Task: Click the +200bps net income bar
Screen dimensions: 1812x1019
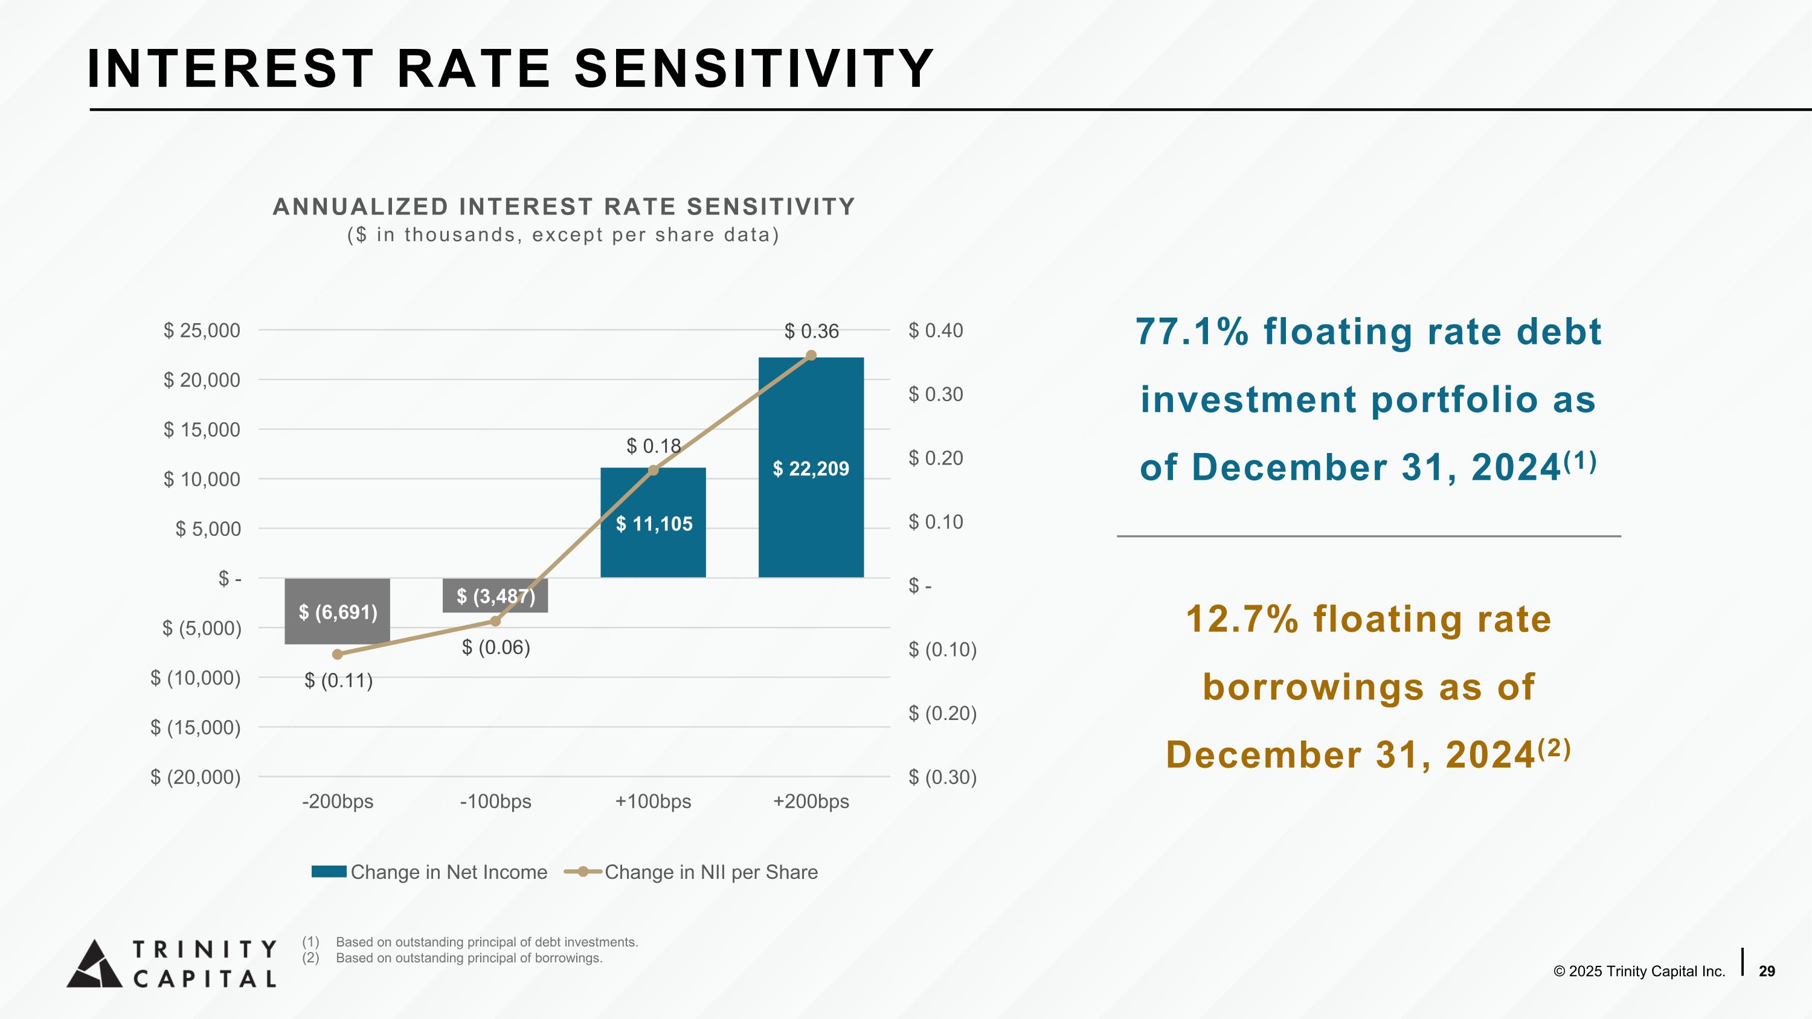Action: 811,468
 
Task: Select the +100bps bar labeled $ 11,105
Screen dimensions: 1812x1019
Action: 653,522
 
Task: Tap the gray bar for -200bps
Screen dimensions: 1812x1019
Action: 337,611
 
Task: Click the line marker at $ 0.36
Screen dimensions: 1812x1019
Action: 811,355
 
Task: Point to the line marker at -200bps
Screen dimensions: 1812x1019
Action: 337,654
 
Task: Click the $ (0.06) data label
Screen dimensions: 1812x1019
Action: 496,647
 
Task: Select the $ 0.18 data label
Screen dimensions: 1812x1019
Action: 654,446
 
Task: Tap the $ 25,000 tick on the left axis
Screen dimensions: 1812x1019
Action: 202,330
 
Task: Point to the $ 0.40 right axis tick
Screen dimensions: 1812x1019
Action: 936,330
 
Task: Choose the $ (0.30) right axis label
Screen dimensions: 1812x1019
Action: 943,777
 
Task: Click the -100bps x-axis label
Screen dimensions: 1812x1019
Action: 495,802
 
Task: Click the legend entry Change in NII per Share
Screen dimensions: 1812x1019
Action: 692,872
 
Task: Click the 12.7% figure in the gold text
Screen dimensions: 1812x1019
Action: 1242,619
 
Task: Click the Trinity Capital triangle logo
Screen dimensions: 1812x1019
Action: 95,963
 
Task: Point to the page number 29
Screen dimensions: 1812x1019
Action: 1767,971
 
